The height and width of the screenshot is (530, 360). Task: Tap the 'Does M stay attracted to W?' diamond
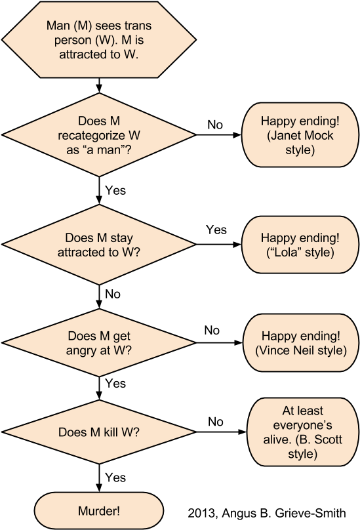point(99,245)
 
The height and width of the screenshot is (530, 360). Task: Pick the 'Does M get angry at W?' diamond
point(99,343)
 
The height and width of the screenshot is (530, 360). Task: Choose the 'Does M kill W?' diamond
point(99,432)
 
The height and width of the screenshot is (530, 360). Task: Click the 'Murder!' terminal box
point(99,510)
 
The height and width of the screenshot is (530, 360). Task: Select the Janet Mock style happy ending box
point(296,135)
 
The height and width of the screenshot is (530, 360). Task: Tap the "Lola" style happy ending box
point(296,245)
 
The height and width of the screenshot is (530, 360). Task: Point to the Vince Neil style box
point(300,343)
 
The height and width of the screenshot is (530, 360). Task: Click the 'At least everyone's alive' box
point(303,432)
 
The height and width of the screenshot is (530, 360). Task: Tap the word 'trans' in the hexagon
point(137,27)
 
